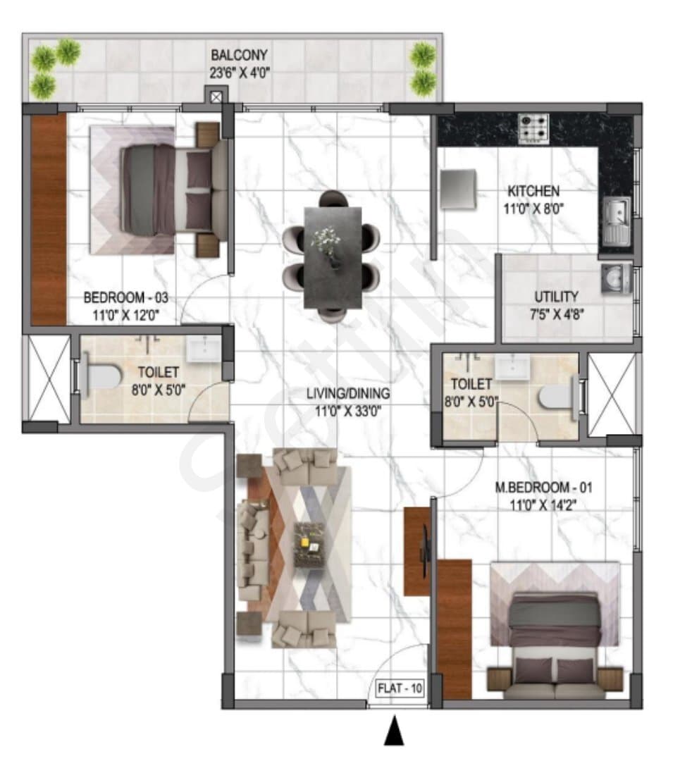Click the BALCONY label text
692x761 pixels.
pos(239,55)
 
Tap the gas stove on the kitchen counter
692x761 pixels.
pos(533,129)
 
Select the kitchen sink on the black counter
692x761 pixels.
pos(617,221)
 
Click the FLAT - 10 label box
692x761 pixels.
pos(400,688)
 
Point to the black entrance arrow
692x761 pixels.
pos(394,730)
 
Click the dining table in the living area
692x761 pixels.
pos(333,257)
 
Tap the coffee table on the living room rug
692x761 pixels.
pos(309,543)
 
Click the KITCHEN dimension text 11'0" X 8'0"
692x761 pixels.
pos(533,209)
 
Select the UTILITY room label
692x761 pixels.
pos(557,296)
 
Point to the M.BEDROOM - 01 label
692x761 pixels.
pos(543,487)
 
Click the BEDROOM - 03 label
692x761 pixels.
pos(126,297)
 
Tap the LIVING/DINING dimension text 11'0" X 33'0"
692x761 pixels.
pos(348,412)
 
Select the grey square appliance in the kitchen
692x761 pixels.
pos(458,189)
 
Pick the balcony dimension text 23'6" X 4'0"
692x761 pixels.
pos(240,73)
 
